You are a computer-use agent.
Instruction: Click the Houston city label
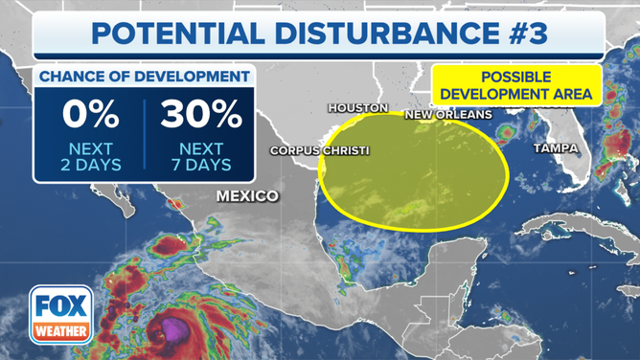point(357,108)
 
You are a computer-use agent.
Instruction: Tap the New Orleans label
point(448,115)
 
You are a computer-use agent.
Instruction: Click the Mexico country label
point(247,195)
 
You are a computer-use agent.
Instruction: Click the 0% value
point(91,116)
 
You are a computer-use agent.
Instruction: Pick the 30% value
point(202,116)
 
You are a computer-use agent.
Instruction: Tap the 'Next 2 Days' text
point(91,156)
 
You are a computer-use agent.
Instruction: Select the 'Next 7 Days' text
point(202,156)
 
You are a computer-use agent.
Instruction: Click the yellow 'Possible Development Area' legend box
point(516,85)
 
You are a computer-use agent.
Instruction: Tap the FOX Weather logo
point(60,313)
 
